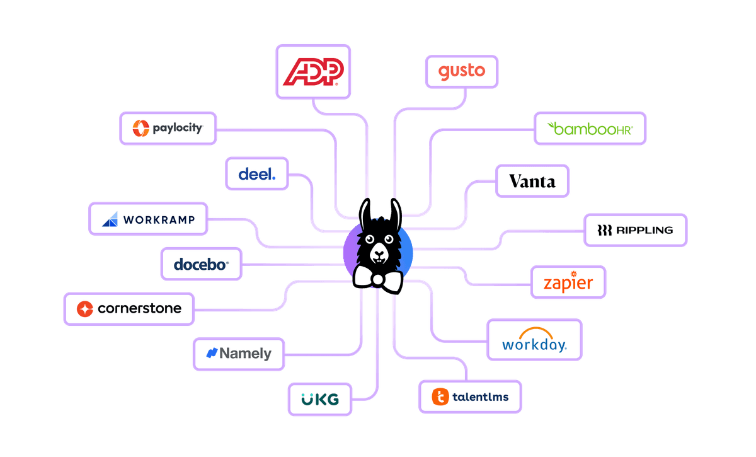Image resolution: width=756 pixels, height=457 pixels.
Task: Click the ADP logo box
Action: click(313, 71)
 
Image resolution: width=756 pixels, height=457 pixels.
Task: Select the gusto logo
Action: click(462, 71)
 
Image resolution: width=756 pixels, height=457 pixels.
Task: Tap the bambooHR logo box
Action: click(590, 129)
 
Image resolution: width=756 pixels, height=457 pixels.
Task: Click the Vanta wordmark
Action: click(532, 182)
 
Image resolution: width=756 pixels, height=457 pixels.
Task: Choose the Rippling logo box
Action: click(634, 230)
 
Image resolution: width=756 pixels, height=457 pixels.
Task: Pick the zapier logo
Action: click(568, 282)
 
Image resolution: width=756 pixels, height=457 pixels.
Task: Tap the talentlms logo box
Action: click(470, 396)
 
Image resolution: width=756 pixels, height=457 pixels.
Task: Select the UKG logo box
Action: click(319, 399)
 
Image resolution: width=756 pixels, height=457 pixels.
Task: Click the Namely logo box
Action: click(239, 354)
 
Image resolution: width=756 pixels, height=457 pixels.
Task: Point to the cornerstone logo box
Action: click(129, 308)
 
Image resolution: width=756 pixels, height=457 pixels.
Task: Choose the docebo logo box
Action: click(200, 264)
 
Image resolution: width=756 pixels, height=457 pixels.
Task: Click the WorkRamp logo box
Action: click(149, 219)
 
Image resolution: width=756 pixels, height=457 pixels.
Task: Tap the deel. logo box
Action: click(256, 174)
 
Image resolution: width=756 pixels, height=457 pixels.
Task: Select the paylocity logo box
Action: click(168, 129)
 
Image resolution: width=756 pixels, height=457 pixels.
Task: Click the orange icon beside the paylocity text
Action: click(140, 129)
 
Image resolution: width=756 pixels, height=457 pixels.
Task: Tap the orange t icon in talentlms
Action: click(440, 396)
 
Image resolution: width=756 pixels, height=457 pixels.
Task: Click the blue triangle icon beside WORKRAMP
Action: click(110, 219)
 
